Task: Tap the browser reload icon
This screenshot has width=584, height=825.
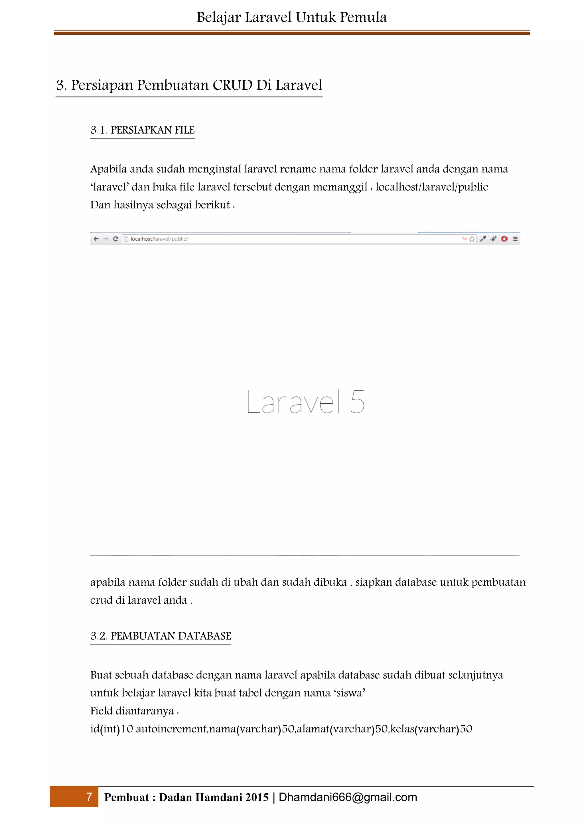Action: point(115,239)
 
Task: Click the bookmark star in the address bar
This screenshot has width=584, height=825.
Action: point(472,239)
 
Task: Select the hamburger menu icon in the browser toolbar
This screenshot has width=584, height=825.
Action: point(515,239)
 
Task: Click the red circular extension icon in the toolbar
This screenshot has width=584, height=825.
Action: point(504,239)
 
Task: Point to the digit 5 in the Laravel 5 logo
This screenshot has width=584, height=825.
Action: point(358,402)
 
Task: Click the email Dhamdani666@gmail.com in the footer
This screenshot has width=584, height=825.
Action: point(348,797)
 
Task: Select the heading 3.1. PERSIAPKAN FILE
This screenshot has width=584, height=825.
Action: point(142,130)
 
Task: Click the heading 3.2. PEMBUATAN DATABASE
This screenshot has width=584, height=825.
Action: point(161,636)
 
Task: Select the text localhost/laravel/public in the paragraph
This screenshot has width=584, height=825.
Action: point(431,187)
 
